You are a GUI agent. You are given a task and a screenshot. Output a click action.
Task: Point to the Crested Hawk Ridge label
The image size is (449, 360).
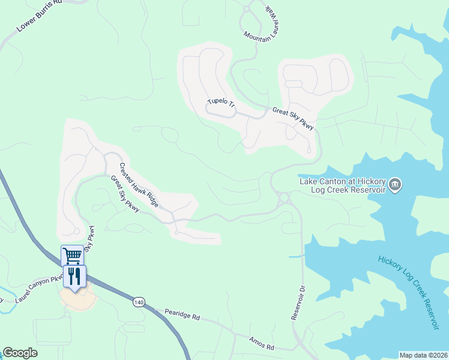click(139, 185)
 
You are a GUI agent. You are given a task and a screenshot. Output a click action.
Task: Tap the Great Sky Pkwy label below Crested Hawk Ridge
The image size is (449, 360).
click(125, 194)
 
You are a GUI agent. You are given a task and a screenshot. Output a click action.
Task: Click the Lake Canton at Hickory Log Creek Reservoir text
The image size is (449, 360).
click(342, 185)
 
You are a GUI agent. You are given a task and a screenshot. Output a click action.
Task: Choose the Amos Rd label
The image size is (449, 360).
click(262, 343)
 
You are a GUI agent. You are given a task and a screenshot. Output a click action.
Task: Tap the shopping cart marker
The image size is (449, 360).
click(72, 256)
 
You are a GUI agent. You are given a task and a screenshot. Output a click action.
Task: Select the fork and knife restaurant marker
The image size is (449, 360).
click(74, 277)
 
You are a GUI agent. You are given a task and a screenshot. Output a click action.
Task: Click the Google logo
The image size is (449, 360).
click(20, 353)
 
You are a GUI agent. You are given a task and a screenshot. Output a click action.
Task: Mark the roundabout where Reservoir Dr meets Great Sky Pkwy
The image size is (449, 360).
click(284, 197)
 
